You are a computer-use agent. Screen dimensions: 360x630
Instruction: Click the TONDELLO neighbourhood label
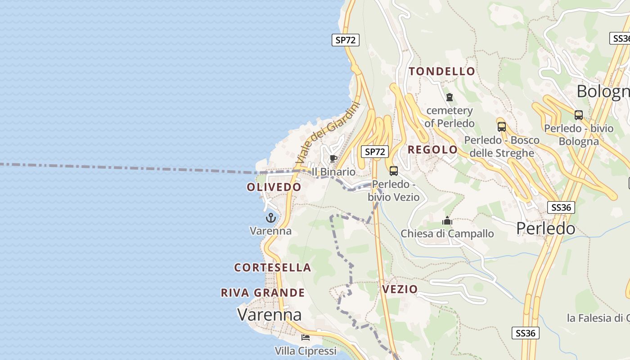(x=442, y=71)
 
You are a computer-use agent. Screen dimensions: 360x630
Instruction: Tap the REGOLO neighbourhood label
(x=432, y=149)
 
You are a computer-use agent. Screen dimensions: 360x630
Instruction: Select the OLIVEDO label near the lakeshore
(x=274, y=187)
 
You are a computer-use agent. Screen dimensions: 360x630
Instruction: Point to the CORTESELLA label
(x=273, y=267)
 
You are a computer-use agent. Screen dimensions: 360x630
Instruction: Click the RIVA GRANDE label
(x=263, y=292)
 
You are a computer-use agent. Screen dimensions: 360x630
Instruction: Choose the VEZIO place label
(x=400, y=289)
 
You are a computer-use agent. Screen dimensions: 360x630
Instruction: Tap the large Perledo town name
(x=545, y=229)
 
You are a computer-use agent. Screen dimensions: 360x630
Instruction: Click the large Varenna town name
(x=270, y=314)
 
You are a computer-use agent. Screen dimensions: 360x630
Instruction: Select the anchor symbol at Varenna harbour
(x=270, y=218)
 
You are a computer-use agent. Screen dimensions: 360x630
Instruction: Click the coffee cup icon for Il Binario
(x=333, y=158)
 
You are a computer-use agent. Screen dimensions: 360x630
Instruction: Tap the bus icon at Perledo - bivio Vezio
(x=394, y=171)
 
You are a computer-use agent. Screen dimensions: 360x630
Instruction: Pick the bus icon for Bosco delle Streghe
(x=501, y=126)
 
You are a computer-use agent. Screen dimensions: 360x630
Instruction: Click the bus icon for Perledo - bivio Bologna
(x=579, y=115)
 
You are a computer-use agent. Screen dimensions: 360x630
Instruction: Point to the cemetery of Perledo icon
(x=449, y=97)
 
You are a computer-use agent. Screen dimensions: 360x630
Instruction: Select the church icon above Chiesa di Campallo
(x=447, y=220)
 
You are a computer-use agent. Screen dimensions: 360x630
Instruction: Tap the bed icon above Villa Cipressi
(x=306, y=337)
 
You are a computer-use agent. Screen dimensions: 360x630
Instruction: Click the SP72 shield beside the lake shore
(x=346, y=40)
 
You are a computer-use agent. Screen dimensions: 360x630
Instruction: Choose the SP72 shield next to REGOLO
(x=375, y=152)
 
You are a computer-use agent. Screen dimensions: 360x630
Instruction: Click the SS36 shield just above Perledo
(x=561, y=207)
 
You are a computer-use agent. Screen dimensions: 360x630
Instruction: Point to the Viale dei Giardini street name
(x=328, y=133)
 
